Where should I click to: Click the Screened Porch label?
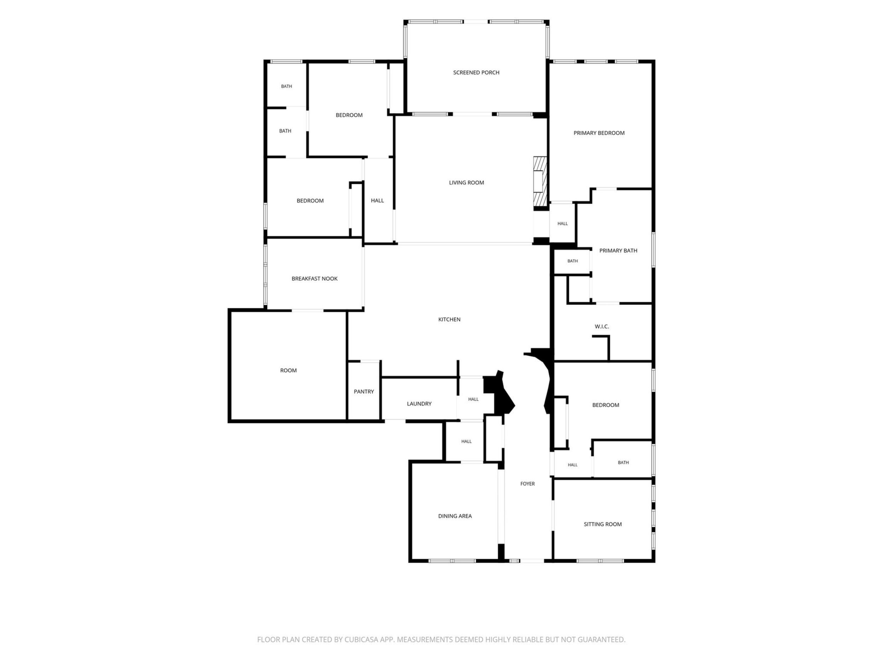(476, 72)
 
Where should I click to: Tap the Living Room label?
(466, 183)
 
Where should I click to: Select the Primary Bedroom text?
(599, 133)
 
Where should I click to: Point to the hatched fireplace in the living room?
(540, 183)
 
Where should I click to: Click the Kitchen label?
(449, 320)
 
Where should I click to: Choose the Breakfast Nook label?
(314, 279)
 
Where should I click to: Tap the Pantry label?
(364, 392)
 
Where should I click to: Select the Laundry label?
(419, 404)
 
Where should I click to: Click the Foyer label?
(527, 484)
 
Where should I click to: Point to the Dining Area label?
(455, 516)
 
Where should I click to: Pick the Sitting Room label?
(603, 524)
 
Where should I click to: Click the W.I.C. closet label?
(601, 327)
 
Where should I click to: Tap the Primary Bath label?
(618, 251)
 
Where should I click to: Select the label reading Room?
(288, 371)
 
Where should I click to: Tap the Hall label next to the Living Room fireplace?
(562, 224)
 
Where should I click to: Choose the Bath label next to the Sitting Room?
(623, 463)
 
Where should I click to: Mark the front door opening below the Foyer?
(531, 561)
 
